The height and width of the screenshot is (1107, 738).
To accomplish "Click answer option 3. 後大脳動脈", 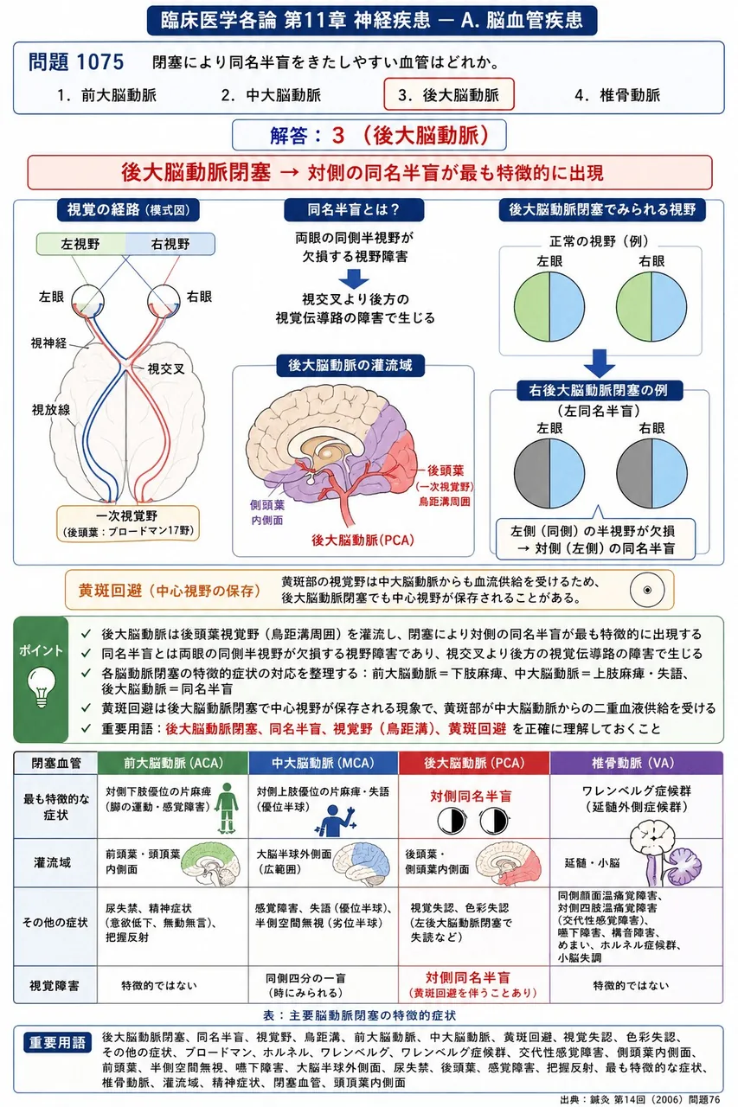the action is click(449, 94).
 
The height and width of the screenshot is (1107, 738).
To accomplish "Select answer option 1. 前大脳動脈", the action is click(106, 95).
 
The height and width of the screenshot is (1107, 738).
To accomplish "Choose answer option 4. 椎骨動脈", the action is click(618, 95).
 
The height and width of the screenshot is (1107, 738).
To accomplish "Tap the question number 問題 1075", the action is click(76, 62).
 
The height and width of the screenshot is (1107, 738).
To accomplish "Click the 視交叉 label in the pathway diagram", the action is click(165, 368).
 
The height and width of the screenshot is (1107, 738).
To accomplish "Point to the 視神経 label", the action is click(48, 342).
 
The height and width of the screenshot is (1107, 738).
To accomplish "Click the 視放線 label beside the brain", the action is click(51, 409).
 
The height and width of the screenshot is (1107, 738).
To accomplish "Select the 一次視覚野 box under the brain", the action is click(128, 523).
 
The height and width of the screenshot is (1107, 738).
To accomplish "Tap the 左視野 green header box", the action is click(80, 244).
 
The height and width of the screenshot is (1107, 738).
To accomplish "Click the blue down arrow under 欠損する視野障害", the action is click(354, 279).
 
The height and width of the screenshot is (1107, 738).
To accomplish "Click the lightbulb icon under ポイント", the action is click(42, 688).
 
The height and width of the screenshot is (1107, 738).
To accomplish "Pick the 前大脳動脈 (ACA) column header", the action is click(173, 763).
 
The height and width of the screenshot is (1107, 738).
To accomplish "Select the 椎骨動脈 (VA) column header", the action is click(637, 763).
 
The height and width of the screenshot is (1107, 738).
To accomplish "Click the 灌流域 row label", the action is click(53, 863).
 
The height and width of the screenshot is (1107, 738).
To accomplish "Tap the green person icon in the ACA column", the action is click(227, 808).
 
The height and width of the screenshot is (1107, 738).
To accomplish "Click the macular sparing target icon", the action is click(647, 590).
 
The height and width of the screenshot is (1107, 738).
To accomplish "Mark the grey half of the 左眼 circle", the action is click(532, 473).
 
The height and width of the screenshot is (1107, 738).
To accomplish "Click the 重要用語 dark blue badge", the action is click(57, 1043).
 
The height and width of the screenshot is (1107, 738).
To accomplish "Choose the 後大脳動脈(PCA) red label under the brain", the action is click(363, 541).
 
